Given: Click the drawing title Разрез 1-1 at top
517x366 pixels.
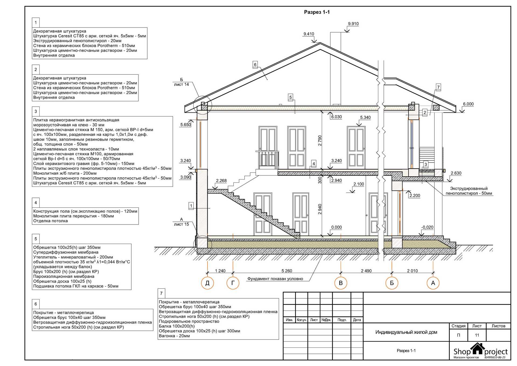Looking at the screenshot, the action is (317, 12).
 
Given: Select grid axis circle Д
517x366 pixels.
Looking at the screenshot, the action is (207, 283).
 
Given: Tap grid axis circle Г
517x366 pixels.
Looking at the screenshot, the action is (233, 283).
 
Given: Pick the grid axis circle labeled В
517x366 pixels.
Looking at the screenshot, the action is (341, 283).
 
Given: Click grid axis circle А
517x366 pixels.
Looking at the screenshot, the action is (433, 283).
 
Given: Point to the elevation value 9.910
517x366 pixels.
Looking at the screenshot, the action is (353, 24).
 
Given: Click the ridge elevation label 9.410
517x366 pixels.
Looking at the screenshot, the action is (309, 34).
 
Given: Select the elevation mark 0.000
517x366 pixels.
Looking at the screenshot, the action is (336, 227).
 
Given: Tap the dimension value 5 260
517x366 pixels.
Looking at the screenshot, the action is (287, 271).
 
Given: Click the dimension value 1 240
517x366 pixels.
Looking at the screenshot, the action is (220, 271).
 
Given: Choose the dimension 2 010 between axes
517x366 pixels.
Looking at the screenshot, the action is (412, 271).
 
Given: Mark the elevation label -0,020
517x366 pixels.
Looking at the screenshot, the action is (427, 227).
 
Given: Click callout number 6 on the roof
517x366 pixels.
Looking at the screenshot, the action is (255, 64).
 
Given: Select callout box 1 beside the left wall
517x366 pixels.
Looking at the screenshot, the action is (191, 206).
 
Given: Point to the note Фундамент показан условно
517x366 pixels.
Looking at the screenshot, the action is (275, 279).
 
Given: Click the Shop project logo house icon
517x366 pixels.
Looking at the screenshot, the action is (477, 349).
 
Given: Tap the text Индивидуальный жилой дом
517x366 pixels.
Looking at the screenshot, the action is (406, 332).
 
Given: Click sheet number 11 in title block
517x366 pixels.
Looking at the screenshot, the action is (477, 335).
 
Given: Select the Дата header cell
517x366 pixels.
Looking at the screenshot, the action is (357, 320).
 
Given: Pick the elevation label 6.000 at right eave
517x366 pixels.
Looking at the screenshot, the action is (468, 104).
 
